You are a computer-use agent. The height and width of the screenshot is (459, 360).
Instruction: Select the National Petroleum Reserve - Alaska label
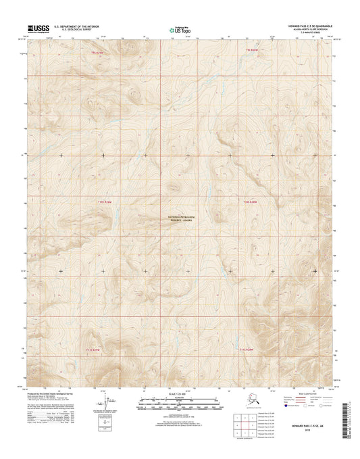pos(180,218)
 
